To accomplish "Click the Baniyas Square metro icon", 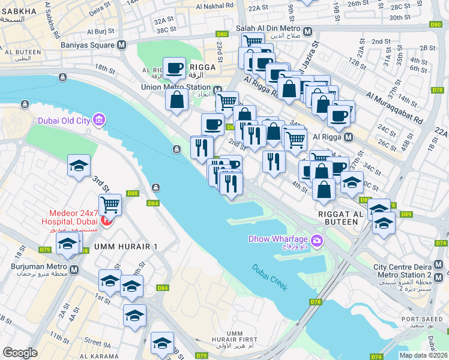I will click(x=122, y=44).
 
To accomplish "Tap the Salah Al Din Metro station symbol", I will click(x=307, y=31).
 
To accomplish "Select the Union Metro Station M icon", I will click(x=217, y=91).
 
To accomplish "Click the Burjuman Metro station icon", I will click(x=74, y=270).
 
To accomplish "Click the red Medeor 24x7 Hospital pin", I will click(x=106, y=221).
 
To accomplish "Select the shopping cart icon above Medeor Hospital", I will click(x=110, y=205).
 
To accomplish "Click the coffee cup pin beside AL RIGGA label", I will click(x=175, y=68).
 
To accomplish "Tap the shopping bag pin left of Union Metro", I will click(x=178, y=100).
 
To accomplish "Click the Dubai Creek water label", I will click(x=270, y=275).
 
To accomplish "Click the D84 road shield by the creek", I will click(x=153, y=203).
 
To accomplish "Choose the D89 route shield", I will click(x=406, y=214).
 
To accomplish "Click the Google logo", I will click(x=20, y=353).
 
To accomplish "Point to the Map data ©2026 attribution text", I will click(x=423, y=355).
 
